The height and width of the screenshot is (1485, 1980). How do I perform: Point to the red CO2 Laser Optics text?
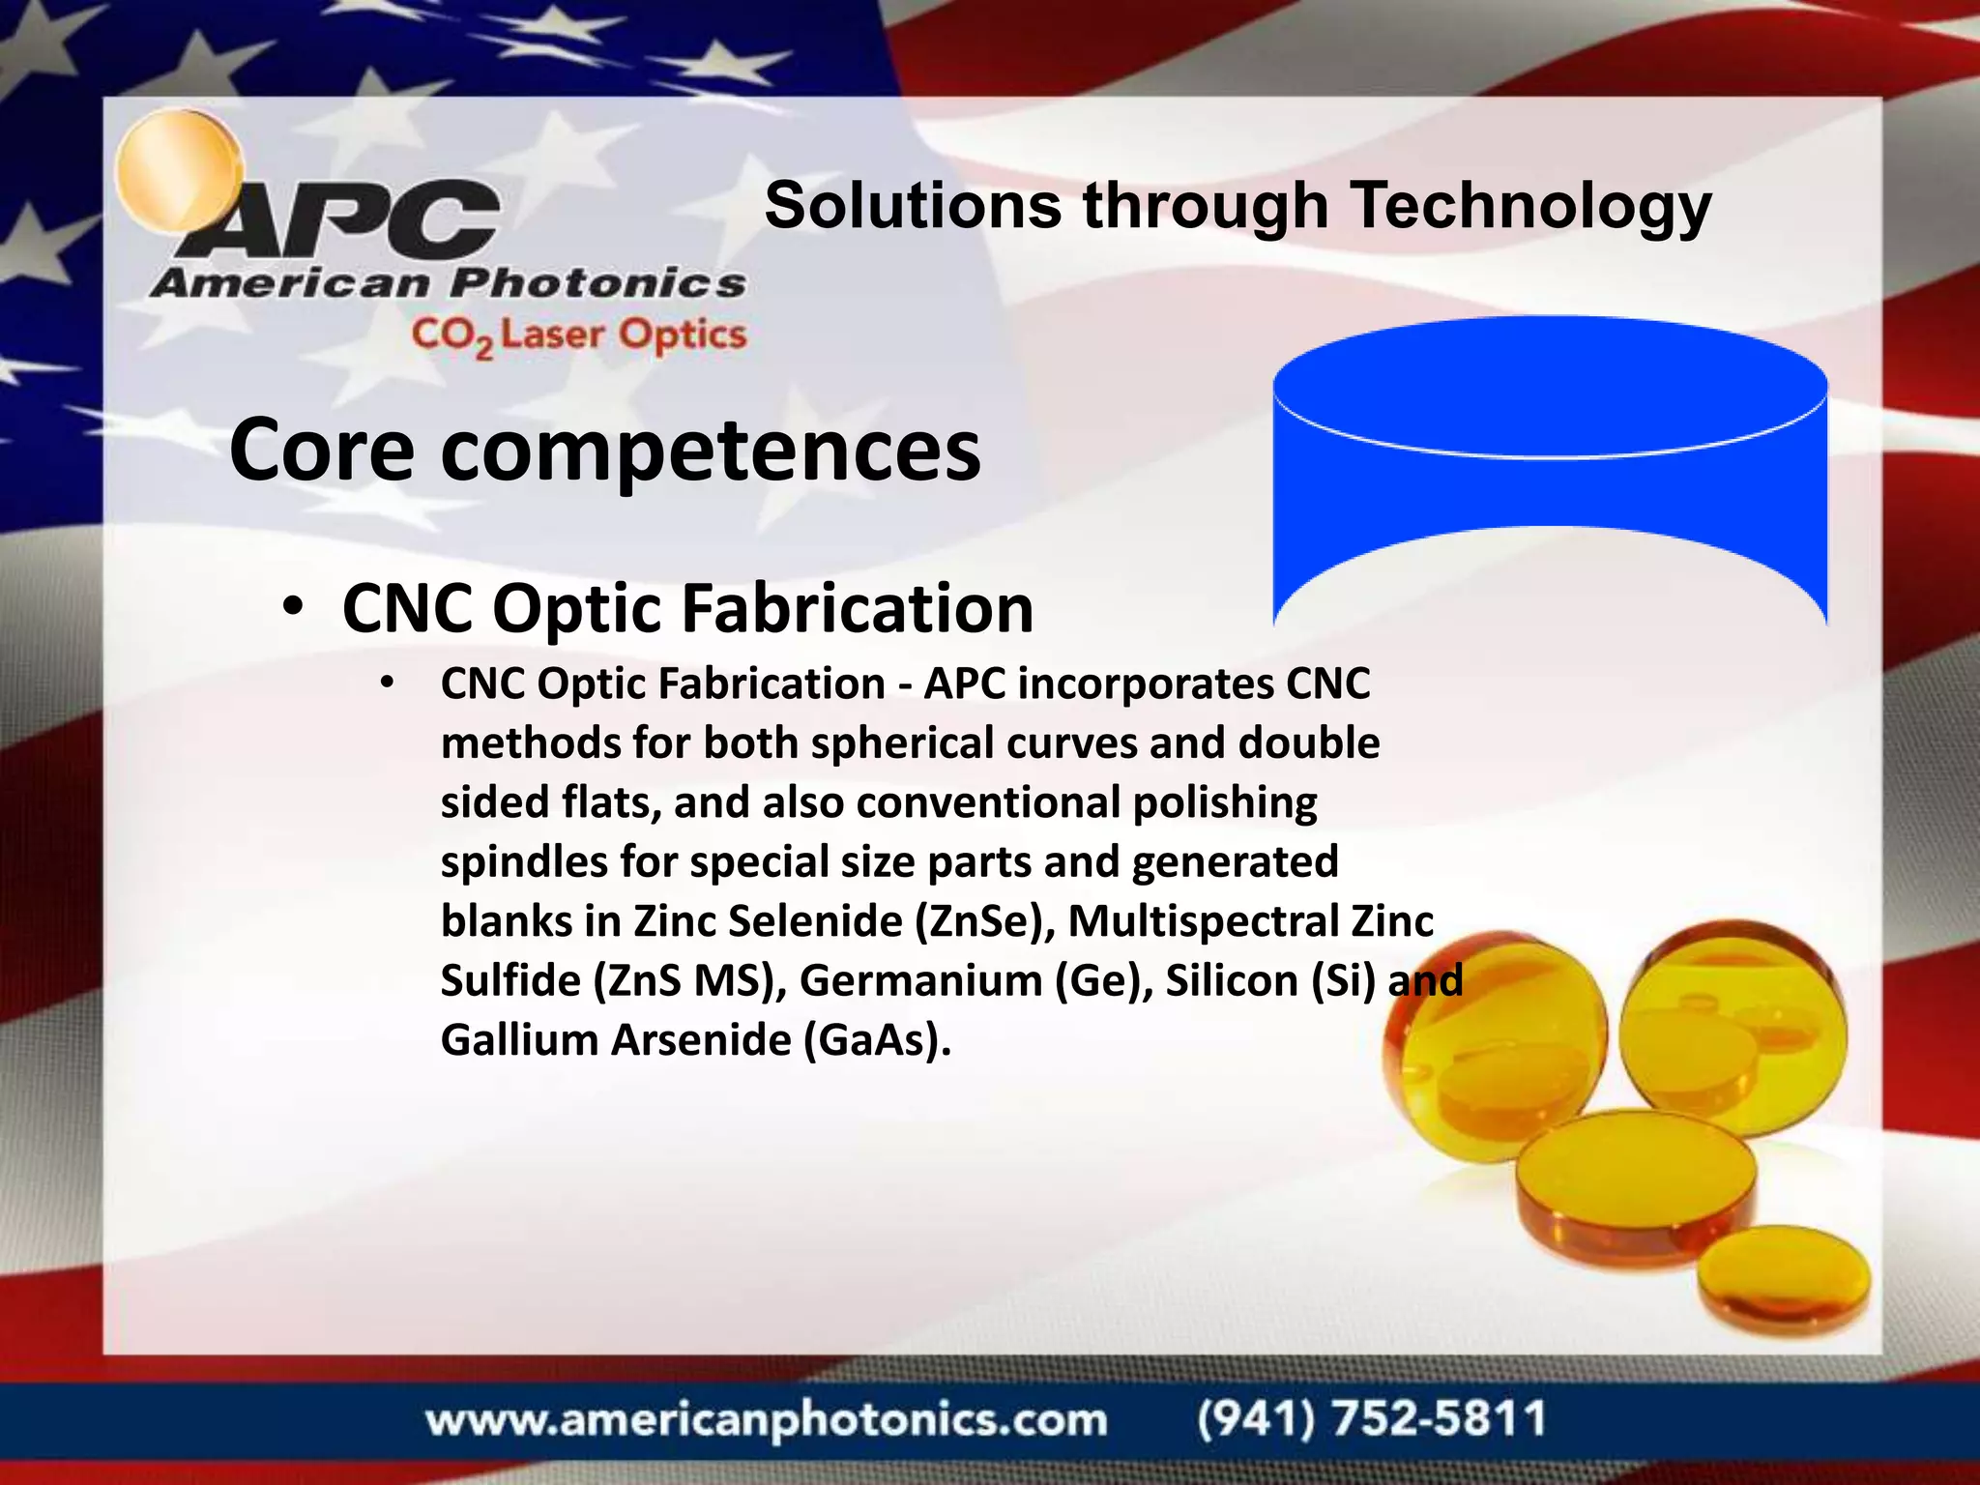[x=578, y=335]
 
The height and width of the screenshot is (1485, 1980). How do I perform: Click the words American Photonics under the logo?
[x=448, y=283]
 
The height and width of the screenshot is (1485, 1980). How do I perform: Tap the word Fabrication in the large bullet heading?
[x=857, y=609]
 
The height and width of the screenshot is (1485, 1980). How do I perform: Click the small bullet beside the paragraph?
[x=388, y=684]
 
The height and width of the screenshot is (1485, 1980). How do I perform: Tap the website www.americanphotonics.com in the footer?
[x=766, y=1420]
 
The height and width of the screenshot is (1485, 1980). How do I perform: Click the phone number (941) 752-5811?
[x=1371, y=1419]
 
